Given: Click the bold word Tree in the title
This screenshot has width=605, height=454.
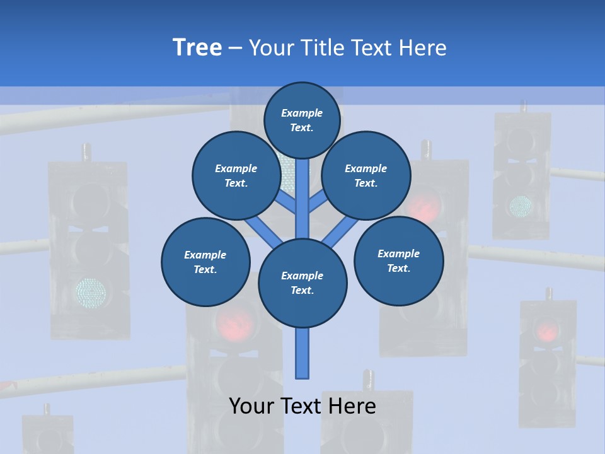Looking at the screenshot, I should (197, 47).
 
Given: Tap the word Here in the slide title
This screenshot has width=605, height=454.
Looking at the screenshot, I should (422, 47).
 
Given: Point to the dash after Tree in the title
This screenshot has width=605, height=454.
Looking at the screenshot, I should (235, 49).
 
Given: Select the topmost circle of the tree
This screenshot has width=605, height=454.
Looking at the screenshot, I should (302, 120).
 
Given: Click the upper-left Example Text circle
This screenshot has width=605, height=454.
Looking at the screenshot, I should (236, 175).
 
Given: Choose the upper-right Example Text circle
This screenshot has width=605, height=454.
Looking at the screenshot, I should (366, 175).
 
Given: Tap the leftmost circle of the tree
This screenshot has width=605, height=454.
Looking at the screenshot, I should (205, 262).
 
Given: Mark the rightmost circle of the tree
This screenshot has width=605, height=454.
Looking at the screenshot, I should (399, 260).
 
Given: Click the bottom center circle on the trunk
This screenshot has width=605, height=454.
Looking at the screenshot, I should (302, 283).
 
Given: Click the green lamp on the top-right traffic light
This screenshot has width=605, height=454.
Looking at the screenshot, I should (521, 205).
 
